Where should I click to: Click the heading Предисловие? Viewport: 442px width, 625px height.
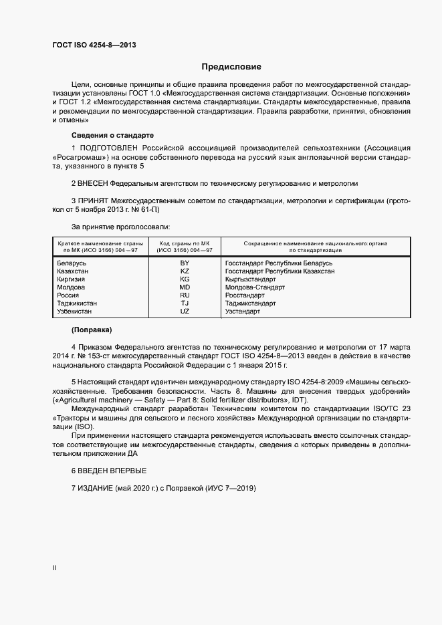(231, 67)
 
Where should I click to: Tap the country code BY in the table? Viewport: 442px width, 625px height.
(185, 263)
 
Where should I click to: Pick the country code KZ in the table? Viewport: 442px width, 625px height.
(185, 271)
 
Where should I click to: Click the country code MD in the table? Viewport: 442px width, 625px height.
(185, 287)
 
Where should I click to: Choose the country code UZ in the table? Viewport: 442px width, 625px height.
(185, 311)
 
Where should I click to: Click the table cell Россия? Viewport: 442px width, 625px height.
(68, 295)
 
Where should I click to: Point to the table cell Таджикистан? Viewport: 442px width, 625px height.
(78, 303)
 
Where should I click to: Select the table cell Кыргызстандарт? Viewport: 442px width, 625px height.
(251, 279)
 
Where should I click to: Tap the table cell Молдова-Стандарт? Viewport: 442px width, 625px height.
(255, 287)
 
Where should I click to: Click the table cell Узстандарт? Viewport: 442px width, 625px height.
(243, 311)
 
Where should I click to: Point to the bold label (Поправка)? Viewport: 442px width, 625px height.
(92, 330)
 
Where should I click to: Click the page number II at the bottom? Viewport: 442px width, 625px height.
(54, 568)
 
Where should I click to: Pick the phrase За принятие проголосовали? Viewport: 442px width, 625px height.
(120, 227)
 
